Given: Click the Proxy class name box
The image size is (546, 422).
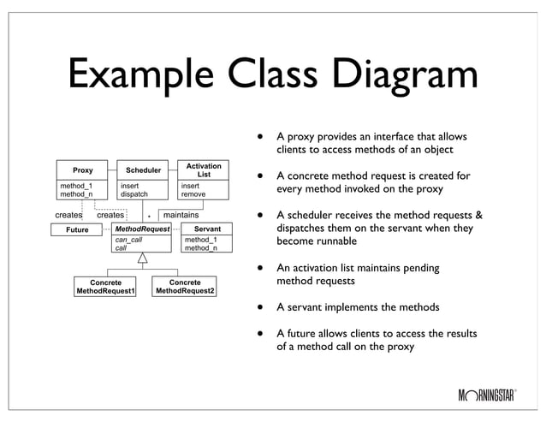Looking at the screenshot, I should (82, 170).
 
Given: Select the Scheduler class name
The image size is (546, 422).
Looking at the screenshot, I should (143, 170).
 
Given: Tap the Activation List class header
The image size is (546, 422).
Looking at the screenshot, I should (204, 169).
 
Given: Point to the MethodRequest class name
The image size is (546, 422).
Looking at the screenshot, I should (143, 229).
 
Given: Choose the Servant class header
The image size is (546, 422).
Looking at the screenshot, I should (207, 229).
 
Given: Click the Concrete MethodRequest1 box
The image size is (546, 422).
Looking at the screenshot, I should (106, 287).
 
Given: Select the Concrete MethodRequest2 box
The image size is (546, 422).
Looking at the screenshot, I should (185, 287).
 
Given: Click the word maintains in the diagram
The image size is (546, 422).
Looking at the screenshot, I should (181, 215).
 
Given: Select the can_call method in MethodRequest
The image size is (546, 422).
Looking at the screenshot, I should (129, 241).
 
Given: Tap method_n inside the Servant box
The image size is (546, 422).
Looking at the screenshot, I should (201, 248).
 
